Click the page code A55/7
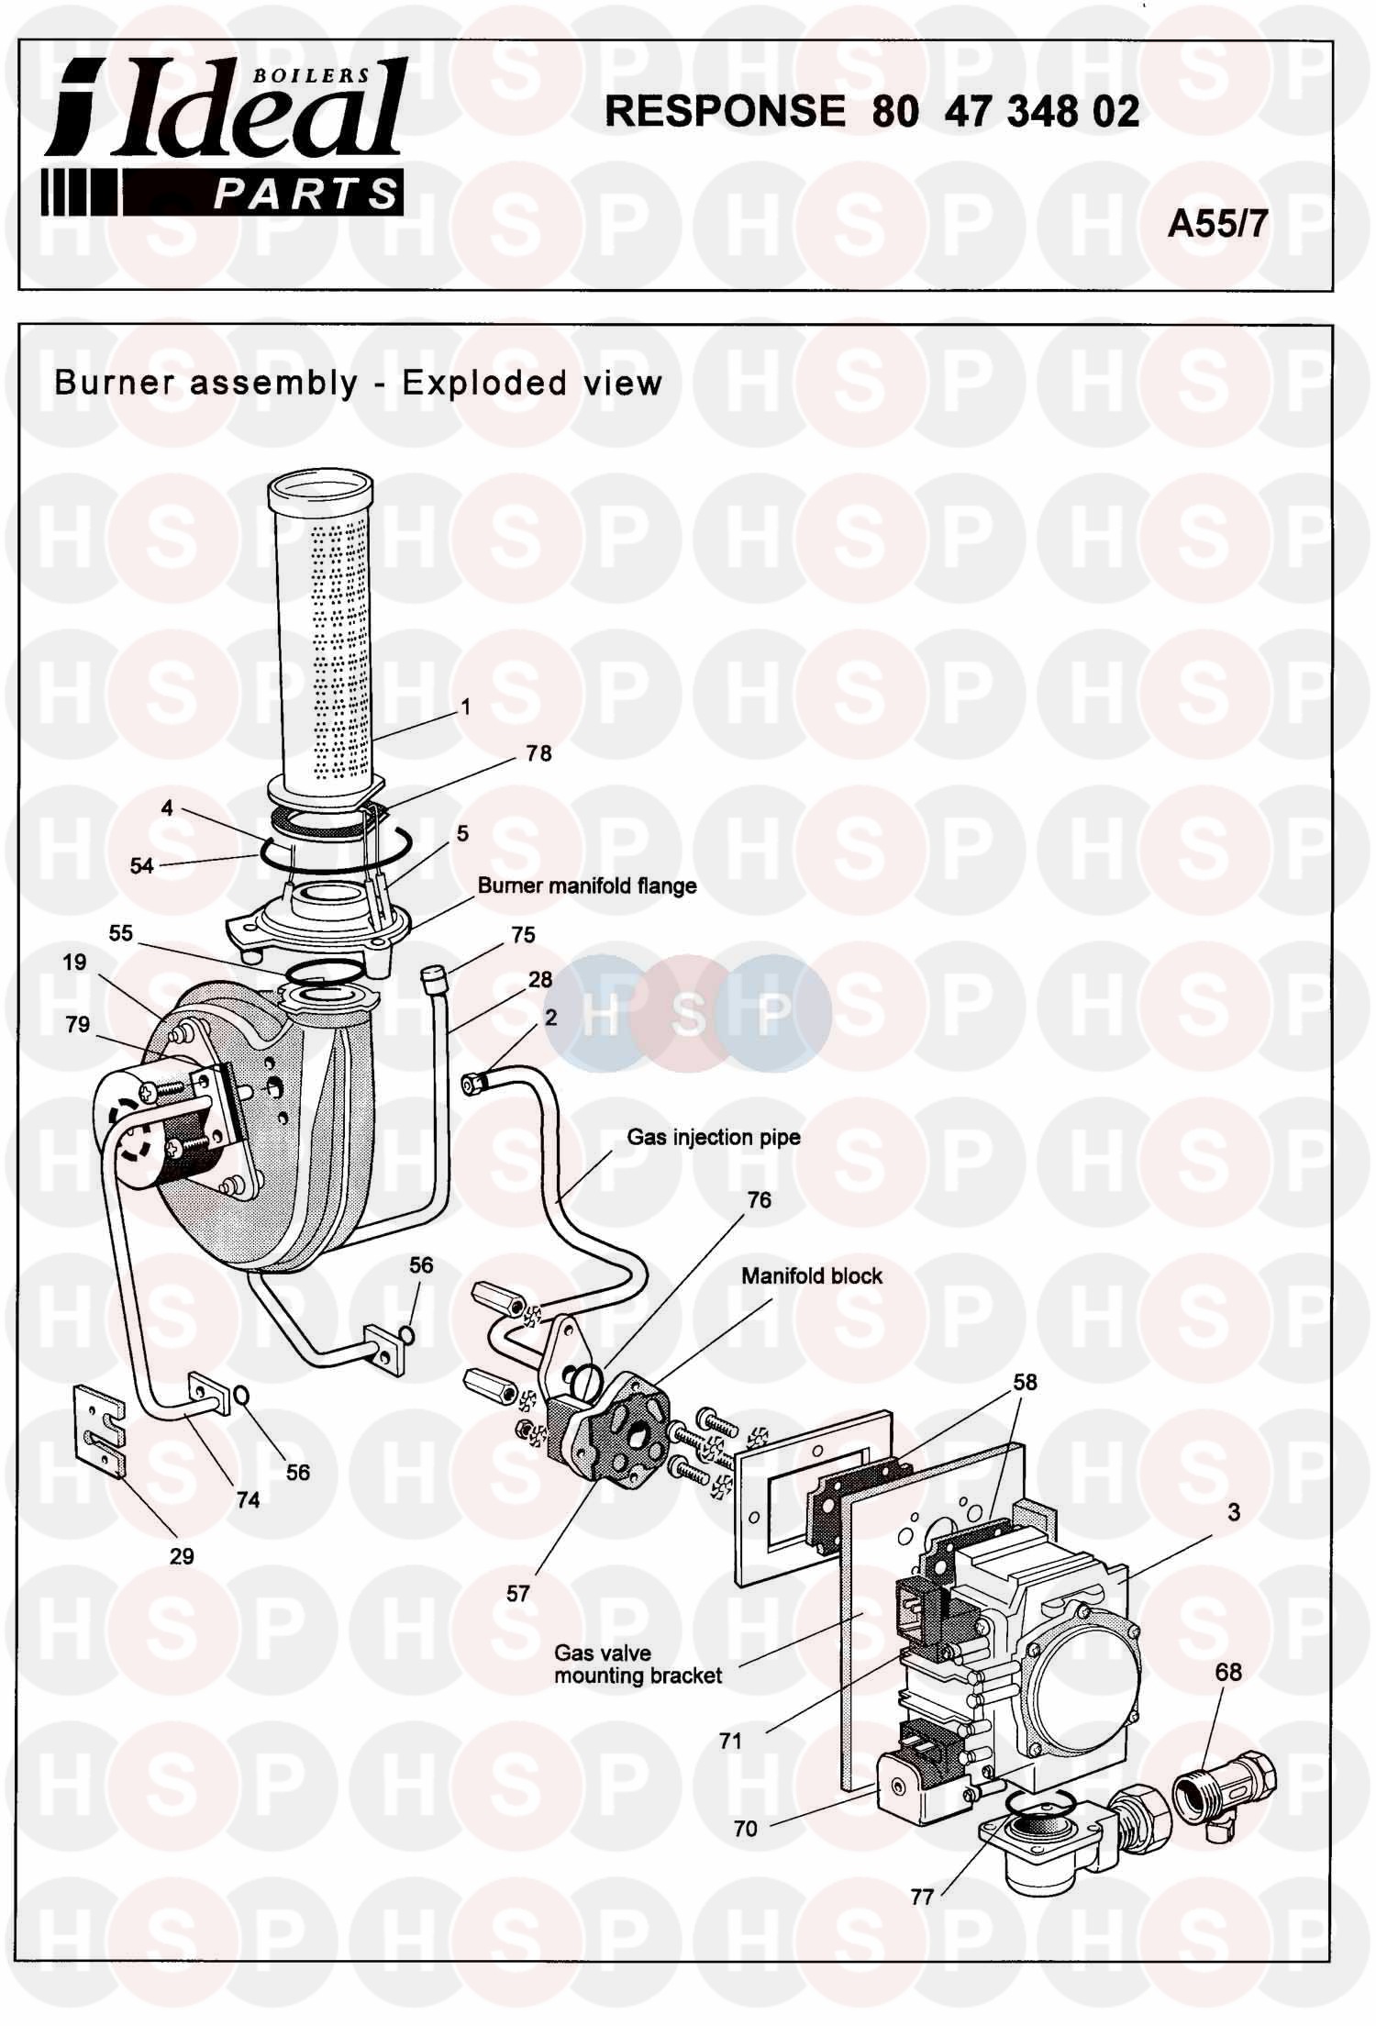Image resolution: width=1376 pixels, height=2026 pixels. tap(1217, 223)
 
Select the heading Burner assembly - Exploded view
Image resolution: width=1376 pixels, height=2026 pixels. tap(358, 383)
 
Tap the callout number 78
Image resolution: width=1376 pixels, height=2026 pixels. tap(538, 753)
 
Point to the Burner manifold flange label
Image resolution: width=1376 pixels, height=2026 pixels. tap(587, 886)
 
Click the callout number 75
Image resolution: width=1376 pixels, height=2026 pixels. tap(523, 935)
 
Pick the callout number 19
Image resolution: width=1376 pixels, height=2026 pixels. tap(75, 962)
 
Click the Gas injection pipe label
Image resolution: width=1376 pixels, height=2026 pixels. tap(714, 1137)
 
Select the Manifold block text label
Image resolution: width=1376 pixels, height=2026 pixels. tap(812, 1276)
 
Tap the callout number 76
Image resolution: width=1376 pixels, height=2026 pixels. tap(760, 1199)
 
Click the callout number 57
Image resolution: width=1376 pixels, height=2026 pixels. tap(518, 1593)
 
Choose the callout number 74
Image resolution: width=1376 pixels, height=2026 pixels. tap(248, 1500)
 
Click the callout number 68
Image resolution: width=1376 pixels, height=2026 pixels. tap(1228, 1672)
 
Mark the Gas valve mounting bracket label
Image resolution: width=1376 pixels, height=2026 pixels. tap(638, 1664)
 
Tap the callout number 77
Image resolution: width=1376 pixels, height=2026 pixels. tap(922, 1897)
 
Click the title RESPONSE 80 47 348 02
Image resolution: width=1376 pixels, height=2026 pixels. tap(872, 112)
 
